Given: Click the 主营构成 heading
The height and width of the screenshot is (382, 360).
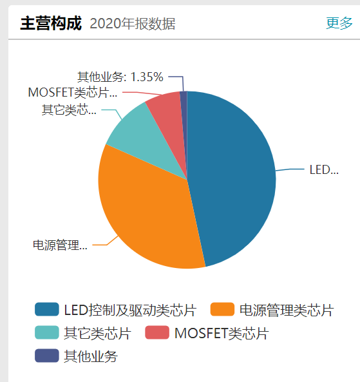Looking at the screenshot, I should tap(51, 24).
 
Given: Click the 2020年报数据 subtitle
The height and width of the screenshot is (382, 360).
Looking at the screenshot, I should tap(133, 24).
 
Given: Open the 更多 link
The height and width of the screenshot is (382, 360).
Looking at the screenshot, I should tap(339, 23).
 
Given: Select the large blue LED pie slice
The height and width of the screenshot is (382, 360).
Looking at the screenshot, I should tap(235, 174).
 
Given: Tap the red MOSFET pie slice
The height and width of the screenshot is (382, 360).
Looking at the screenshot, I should tap(165, 106).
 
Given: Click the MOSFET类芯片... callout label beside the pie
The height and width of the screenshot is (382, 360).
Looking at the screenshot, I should tap(73, 92).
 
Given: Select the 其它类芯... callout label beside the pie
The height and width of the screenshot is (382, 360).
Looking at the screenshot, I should tap(69, 110).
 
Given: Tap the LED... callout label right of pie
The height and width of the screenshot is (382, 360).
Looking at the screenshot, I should tap(323, 170).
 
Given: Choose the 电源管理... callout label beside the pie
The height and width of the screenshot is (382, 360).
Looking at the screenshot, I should tap(60, 245).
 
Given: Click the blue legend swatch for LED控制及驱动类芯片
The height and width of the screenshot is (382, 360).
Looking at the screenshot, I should tap(47, 310).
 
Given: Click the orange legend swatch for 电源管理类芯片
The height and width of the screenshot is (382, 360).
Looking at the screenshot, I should tap(222, 310).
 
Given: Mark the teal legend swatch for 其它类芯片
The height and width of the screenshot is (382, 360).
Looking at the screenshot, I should tap(47, 333).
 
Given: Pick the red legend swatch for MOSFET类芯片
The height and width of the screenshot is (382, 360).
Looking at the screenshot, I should tap(157, 333).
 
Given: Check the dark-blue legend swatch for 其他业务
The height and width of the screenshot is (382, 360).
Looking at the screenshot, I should tap(47, 356).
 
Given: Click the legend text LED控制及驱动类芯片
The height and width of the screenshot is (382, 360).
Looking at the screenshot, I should tap(129, 310).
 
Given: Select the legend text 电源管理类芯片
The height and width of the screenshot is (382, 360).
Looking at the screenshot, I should tap(287, 310).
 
